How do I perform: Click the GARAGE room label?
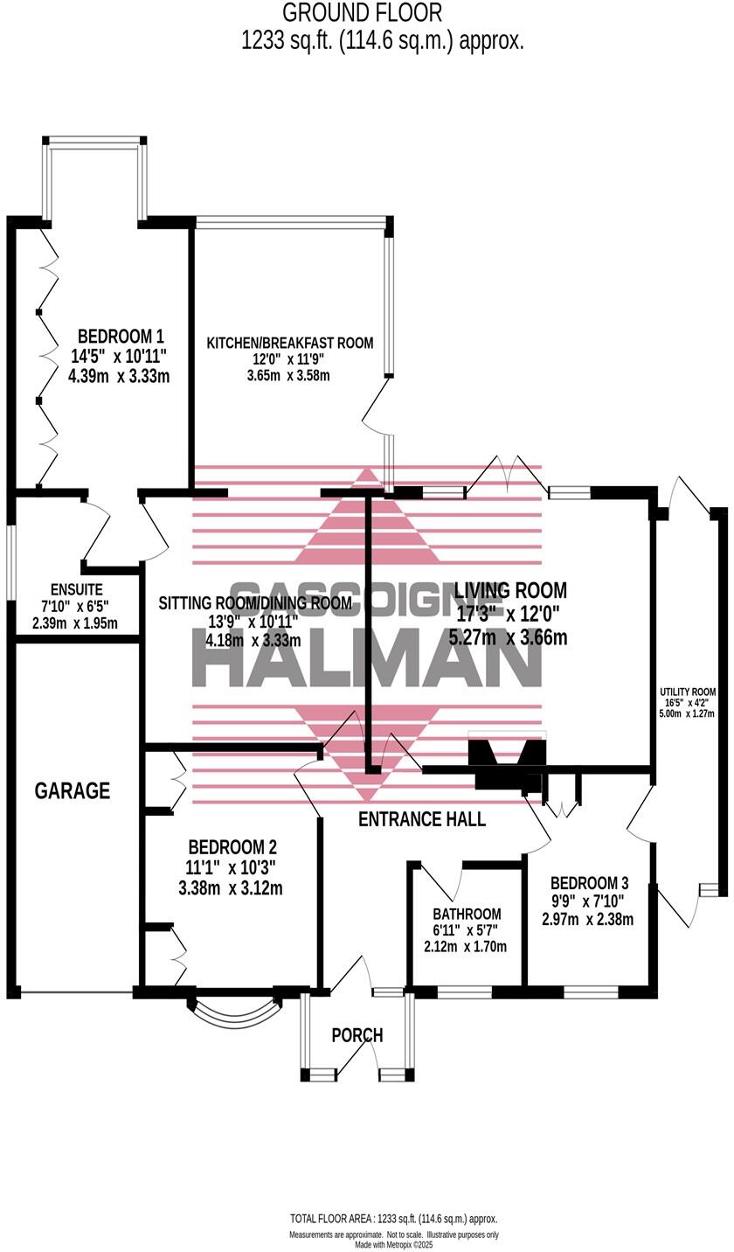(x=73, y=791)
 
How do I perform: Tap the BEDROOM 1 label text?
(x=121, y=337)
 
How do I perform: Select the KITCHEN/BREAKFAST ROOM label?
(x=289, y=343)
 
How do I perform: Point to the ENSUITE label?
(x=77, y=590)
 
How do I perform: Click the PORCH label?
(x=357, y=1035)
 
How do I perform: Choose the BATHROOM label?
(x=467, y=915)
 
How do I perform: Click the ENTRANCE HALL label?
(x=422, y=819)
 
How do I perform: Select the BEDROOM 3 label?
(x=589, y=883)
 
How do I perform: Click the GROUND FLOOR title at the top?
(x=363, y=13)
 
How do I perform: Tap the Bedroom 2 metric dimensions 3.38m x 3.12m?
(x=230, y=889)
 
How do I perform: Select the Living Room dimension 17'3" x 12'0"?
(x=508, y=615)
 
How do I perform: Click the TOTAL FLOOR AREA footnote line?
(x=393, y=1219)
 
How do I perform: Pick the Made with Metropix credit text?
(x=393, y=1244)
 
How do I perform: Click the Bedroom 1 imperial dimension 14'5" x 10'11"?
(x=119, y=357)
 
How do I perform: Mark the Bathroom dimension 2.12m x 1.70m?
(x=465, y=947)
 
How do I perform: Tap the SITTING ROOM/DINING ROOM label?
(x=255, y=603)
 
